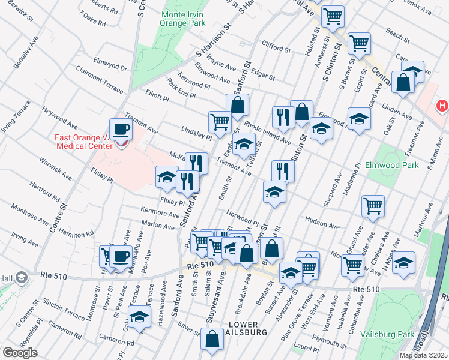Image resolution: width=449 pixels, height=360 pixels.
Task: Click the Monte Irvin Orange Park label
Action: [x=183, y=18]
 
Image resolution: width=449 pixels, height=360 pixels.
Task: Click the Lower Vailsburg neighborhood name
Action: [x=243, y=329]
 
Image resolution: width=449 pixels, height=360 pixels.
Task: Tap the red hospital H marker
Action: [x=442, y=106]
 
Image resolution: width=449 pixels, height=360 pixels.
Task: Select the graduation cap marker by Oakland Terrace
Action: [x=139, y=316]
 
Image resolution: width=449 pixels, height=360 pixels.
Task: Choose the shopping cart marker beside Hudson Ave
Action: [x=373, y=206]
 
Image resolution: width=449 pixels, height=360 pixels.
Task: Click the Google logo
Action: [x=20, y=353]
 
